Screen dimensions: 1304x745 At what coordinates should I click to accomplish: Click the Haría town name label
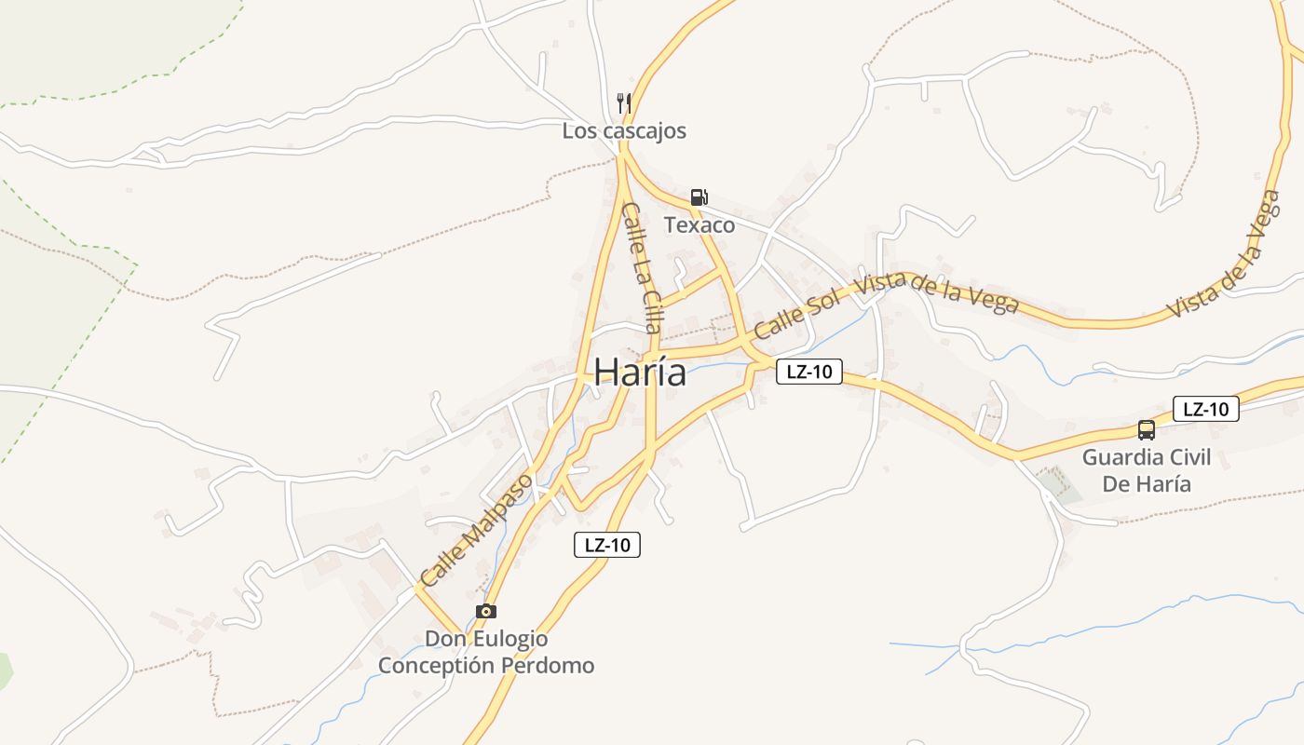click(x=640, y=372)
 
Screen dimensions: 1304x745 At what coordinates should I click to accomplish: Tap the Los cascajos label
click(x=624, y=131)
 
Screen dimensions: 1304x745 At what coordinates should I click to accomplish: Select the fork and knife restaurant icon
click(x=624, y=102)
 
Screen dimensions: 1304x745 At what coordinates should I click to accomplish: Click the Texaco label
click(x=700, y=225)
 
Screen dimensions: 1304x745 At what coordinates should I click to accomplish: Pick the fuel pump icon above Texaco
click(x=700, y=196)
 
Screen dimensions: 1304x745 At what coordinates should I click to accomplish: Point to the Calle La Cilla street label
click(x=642, y=267)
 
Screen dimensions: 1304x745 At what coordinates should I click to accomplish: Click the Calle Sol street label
click(x=797, y=313)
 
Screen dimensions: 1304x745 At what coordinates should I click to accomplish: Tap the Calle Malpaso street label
click(x=476, y=530)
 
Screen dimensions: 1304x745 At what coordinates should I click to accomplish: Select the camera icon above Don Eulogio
click(x=485, y=611)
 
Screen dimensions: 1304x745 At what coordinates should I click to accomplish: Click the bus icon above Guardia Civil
click(x=1147, y=430)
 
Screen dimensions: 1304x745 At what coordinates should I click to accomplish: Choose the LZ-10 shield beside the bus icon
click(x=1205, y=409)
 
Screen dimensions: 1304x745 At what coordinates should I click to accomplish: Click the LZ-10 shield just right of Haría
click(x=808, y=372)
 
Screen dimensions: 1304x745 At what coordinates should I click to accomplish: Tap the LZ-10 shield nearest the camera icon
click(x=607, y=545)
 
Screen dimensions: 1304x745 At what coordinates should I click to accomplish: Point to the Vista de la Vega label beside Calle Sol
click(x=938, y=294)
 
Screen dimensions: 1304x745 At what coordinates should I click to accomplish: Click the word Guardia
click(x=1116, y=457)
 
